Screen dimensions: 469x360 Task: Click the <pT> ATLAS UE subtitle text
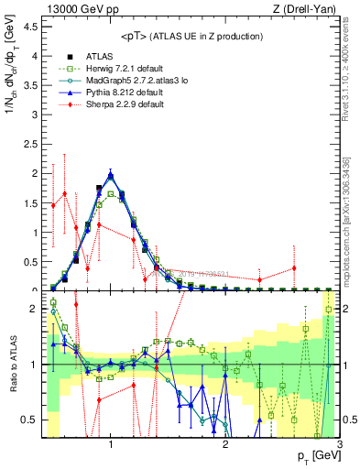coord(191,36)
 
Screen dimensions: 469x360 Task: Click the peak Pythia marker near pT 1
coord(111,174)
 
